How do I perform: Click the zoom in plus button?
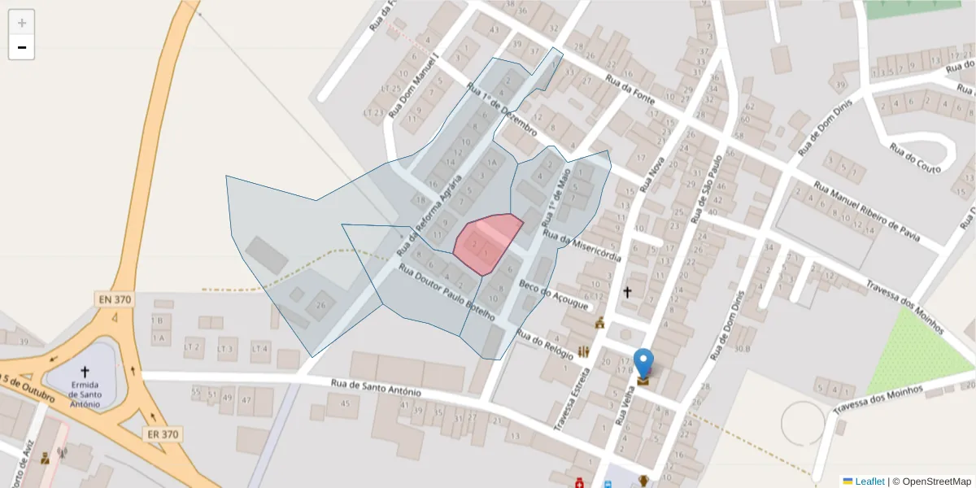22,23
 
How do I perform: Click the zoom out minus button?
22,47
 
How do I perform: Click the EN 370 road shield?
115,299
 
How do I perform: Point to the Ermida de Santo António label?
85,394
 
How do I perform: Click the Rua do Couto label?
915,158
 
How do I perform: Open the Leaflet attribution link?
869,481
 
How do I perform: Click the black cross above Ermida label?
85,370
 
